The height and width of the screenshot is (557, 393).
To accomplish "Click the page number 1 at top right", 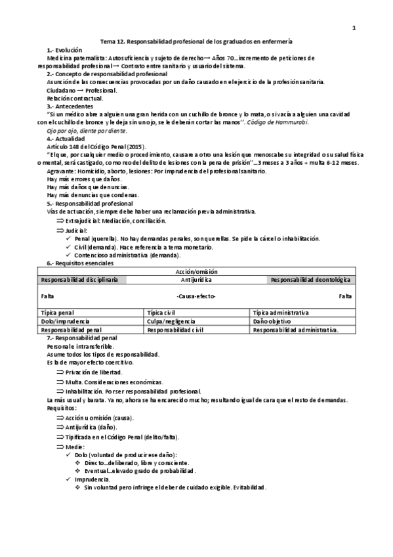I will click(354, 28).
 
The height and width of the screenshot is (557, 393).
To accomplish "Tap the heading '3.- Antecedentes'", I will click(70, 106).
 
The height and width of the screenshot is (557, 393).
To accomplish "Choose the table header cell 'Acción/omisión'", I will click(197, 271).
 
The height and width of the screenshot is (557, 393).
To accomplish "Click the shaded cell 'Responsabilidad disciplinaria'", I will click(79, 280).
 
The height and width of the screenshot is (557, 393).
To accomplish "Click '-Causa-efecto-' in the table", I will click(196, 296).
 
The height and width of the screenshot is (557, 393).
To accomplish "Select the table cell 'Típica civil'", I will click(161, 313).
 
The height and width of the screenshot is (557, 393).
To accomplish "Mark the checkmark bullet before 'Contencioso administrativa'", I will click(70, 254).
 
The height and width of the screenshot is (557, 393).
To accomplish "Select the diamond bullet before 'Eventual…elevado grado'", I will click(78, 471).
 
